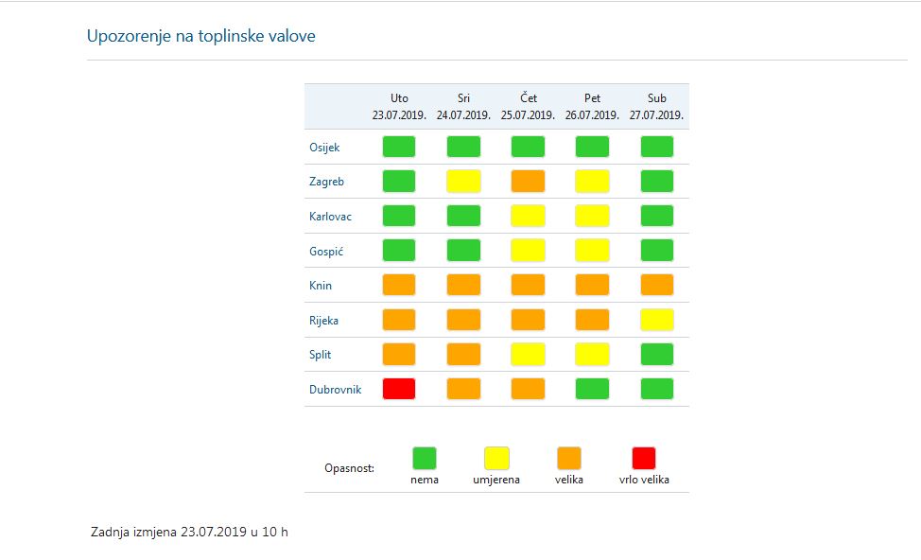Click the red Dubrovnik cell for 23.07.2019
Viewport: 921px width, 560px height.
[399, 389]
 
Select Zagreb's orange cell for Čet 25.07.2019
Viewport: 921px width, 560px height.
[528, 181]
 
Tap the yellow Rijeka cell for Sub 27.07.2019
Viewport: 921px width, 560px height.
[657, 320]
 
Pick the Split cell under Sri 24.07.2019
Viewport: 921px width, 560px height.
[463, 354]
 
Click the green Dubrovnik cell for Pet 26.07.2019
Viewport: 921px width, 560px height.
[593, 389]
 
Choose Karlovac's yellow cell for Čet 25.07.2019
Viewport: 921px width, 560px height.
[528, 216]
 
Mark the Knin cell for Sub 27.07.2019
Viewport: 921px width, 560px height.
[657, 285]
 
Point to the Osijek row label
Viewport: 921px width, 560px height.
[324, 147]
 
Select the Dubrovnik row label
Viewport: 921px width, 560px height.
[336, 389]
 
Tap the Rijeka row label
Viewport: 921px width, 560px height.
[323, 320]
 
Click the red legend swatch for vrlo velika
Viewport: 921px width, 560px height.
[644, 459]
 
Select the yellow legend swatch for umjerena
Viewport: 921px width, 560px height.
[496, 459]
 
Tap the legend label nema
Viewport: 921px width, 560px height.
[425, 480]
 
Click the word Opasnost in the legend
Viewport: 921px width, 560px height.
[349, 468]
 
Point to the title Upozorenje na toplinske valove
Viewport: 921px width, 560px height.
[201, 37]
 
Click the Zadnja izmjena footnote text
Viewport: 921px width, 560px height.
[189, 532]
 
